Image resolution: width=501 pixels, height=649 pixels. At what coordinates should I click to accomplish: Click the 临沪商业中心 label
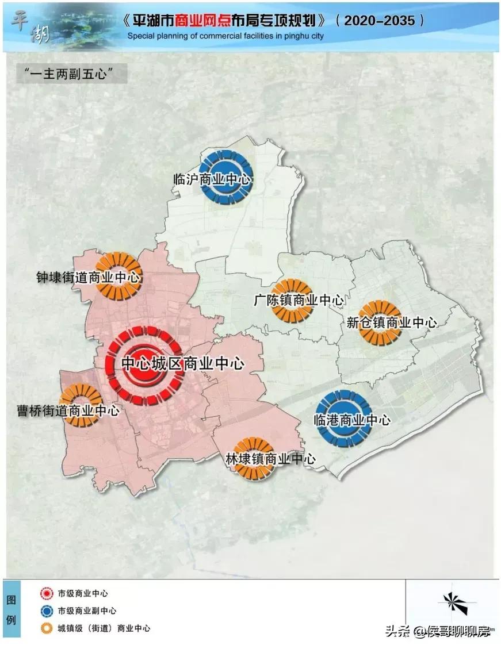click(212, 179)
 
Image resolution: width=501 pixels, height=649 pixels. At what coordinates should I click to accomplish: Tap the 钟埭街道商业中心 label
click(88, 278)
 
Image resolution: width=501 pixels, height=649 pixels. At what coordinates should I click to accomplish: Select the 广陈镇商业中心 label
click(299, 300)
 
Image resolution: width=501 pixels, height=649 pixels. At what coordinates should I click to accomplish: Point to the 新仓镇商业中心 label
click(392, 322)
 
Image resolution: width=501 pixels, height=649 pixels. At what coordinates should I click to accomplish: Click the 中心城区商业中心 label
click(183, 364)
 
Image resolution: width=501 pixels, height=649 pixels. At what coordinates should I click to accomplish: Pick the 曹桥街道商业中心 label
click(68, 410)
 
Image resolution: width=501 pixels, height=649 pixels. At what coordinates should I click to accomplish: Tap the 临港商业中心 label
click(352, 420)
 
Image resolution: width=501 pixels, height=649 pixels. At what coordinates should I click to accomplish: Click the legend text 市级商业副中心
click(87, 610)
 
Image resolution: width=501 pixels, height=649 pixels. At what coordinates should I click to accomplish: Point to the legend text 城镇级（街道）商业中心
click(104, 628)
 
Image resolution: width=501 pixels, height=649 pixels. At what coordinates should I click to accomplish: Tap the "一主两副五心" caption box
click(68, 74)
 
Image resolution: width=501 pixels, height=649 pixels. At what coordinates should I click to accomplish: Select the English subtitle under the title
click(225, 36)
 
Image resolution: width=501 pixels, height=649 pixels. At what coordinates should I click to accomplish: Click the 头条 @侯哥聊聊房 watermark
click(437, 632)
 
